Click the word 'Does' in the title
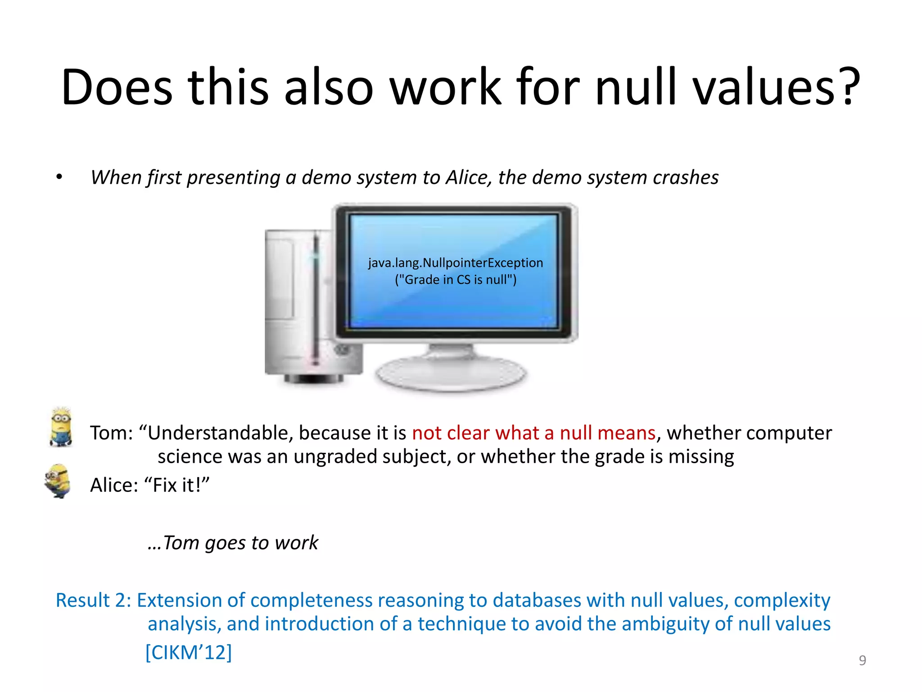pos(117,86)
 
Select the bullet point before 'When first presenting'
pos(59,177)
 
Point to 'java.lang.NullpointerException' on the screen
pos(455,263)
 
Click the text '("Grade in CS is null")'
pos(455,280)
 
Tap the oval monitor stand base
pos(450,372)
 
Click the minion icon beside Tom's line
pos(61,427)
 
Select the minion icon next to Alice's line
pos(58,481)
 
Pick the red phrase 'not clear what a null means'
pos(533,433)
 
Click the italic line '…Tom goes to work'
pos(233,542)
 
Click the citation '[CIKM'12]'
pos(188,652)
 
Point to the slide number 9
pos(862,660)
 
